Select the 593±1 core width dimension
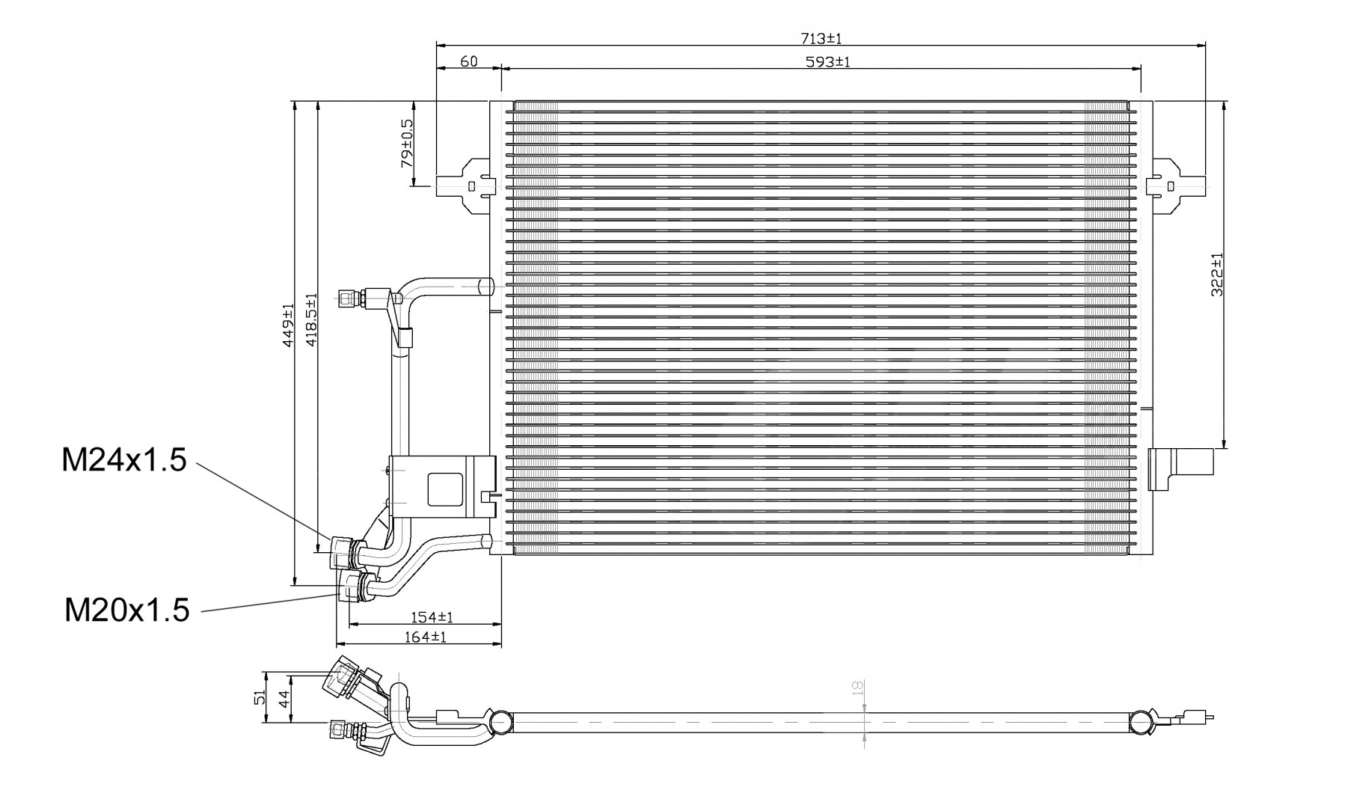pos(828,61)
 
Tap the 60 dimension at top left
pos(469,61)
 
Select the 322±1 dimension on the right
pos(1217,275)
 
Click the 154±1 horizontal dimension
pos(433,617)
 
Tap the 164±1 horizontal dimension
pos(425,637)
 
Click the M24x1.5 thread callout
pos(124,460)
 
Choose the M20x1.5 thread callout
pos(127,610)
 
